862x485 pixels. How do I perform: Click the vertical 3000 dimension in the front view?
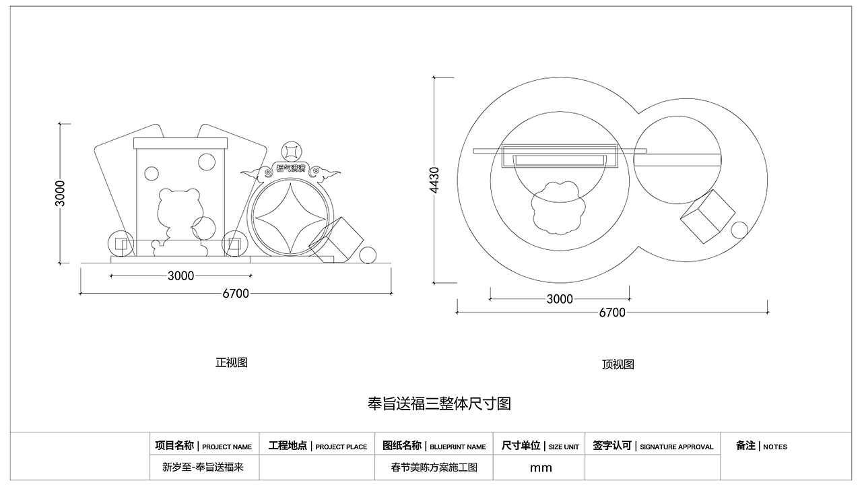[x=61, y=193]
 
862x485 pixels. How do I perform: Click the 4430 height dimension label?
[x=434, y=181]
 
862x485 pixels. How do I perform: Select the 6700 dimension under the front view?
[x=236, y=293]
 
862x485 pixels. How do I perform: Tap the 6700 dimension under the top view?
[x=611, y=313]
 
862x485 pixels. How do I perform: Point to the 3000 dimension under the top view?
[x=559, y=299]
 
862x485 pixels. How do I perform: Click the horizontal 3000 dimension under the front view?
[x=180, y=276]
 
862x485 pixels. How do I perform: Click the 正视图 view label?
[x=231, y=362]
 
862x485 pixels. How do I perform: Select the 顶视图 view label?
[x=618, y=364]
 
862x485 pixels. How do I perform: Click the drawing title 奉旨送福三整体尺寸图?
[x=439, y=403]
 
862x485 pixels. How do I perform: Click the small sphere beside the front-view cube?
[x=368, y=255]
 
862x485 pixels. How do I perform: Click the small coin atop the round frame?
[x=291, y=150]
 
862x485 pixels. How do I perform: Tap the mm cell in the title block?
[x=540, y=467]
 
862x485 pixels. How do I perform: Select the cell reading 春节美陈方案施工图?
[x=434, y=467]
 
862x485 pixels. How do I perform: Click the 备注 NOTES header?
[x=761, y=446]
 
